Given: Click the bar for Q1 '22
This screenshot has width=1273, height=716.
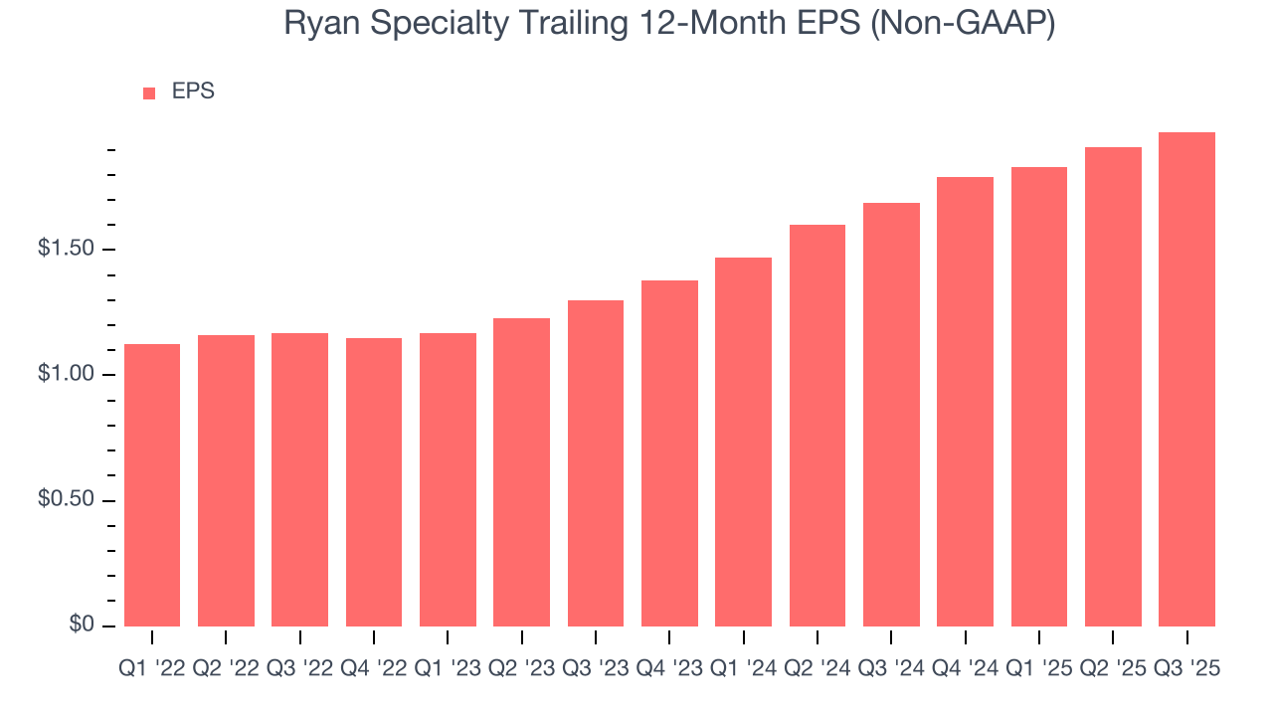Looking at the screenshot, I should point(151,485).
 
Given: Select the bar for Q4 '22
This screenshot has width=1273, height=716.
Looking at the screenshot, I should point(374,482).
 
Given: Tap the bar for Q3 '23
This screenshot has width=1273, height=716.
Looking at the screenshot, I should point(596,463).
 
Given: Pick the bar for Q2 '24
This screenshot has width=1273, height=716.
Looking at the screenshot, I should point(818,426).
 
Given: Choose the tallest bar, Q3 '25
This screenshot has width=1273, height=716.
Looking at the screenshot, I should point(1186,379).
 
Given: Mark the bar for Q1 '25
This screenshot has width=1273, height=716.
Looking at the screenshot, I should point(1039,397).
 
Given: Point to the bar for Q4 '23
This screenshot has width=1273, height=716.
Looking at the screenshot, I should point(669,453).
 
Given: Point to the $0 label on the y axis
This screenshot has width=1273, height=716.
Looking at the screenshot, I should point(82,625).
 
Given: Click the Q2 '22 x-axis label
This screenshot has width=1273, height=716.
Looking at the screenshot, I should point(226,669).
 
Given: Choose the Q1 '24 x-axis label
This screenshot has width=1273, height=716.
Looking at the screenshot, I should point(744,669).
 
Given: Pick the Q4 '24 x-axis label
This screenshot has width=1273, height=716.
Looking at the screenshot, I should point(966,669).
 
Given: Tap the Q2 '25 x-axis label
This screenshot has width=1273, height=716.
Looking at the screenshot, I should point(1113,669).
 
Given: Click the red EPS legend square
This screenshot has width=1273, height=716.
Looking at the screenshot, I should point(149,92).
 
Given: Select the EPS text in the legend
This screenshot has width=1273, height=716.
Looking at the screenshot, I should point(193,91).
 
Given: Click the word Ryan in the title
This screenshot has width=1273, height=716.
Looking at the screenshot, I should point(313,24).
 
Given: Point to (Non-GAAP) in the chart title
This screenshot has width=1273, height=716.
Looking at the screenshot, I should point(962,24).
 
